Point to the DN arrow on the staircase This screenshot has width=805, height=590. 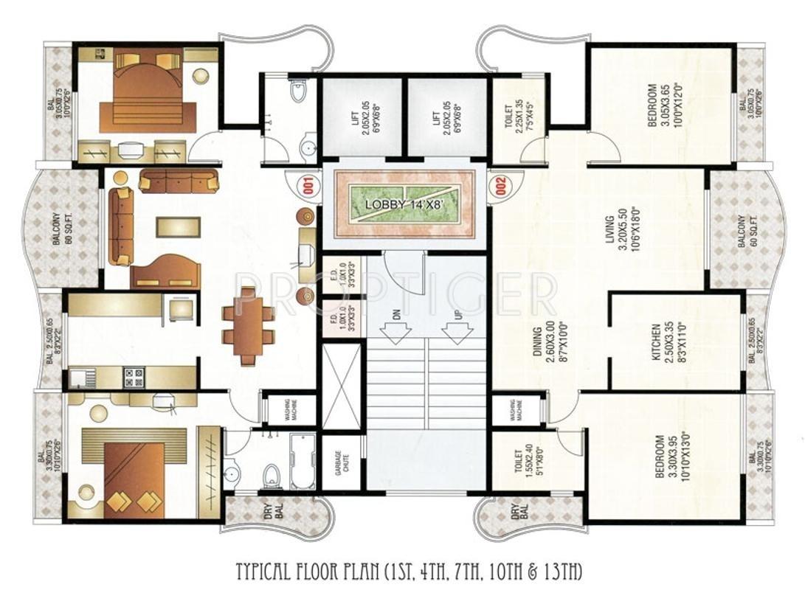click(x=397, y=326)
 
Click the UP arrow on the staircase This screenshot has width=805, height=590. click(x=455, y=326)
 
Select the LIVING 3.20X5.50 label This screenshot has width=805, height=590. click(x=615, y=230)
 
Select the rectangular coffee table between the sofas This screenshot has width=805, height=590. click(x=177, y=226)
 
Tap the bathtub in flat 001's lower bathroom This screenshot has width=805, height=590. click(x=302, y=462)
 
